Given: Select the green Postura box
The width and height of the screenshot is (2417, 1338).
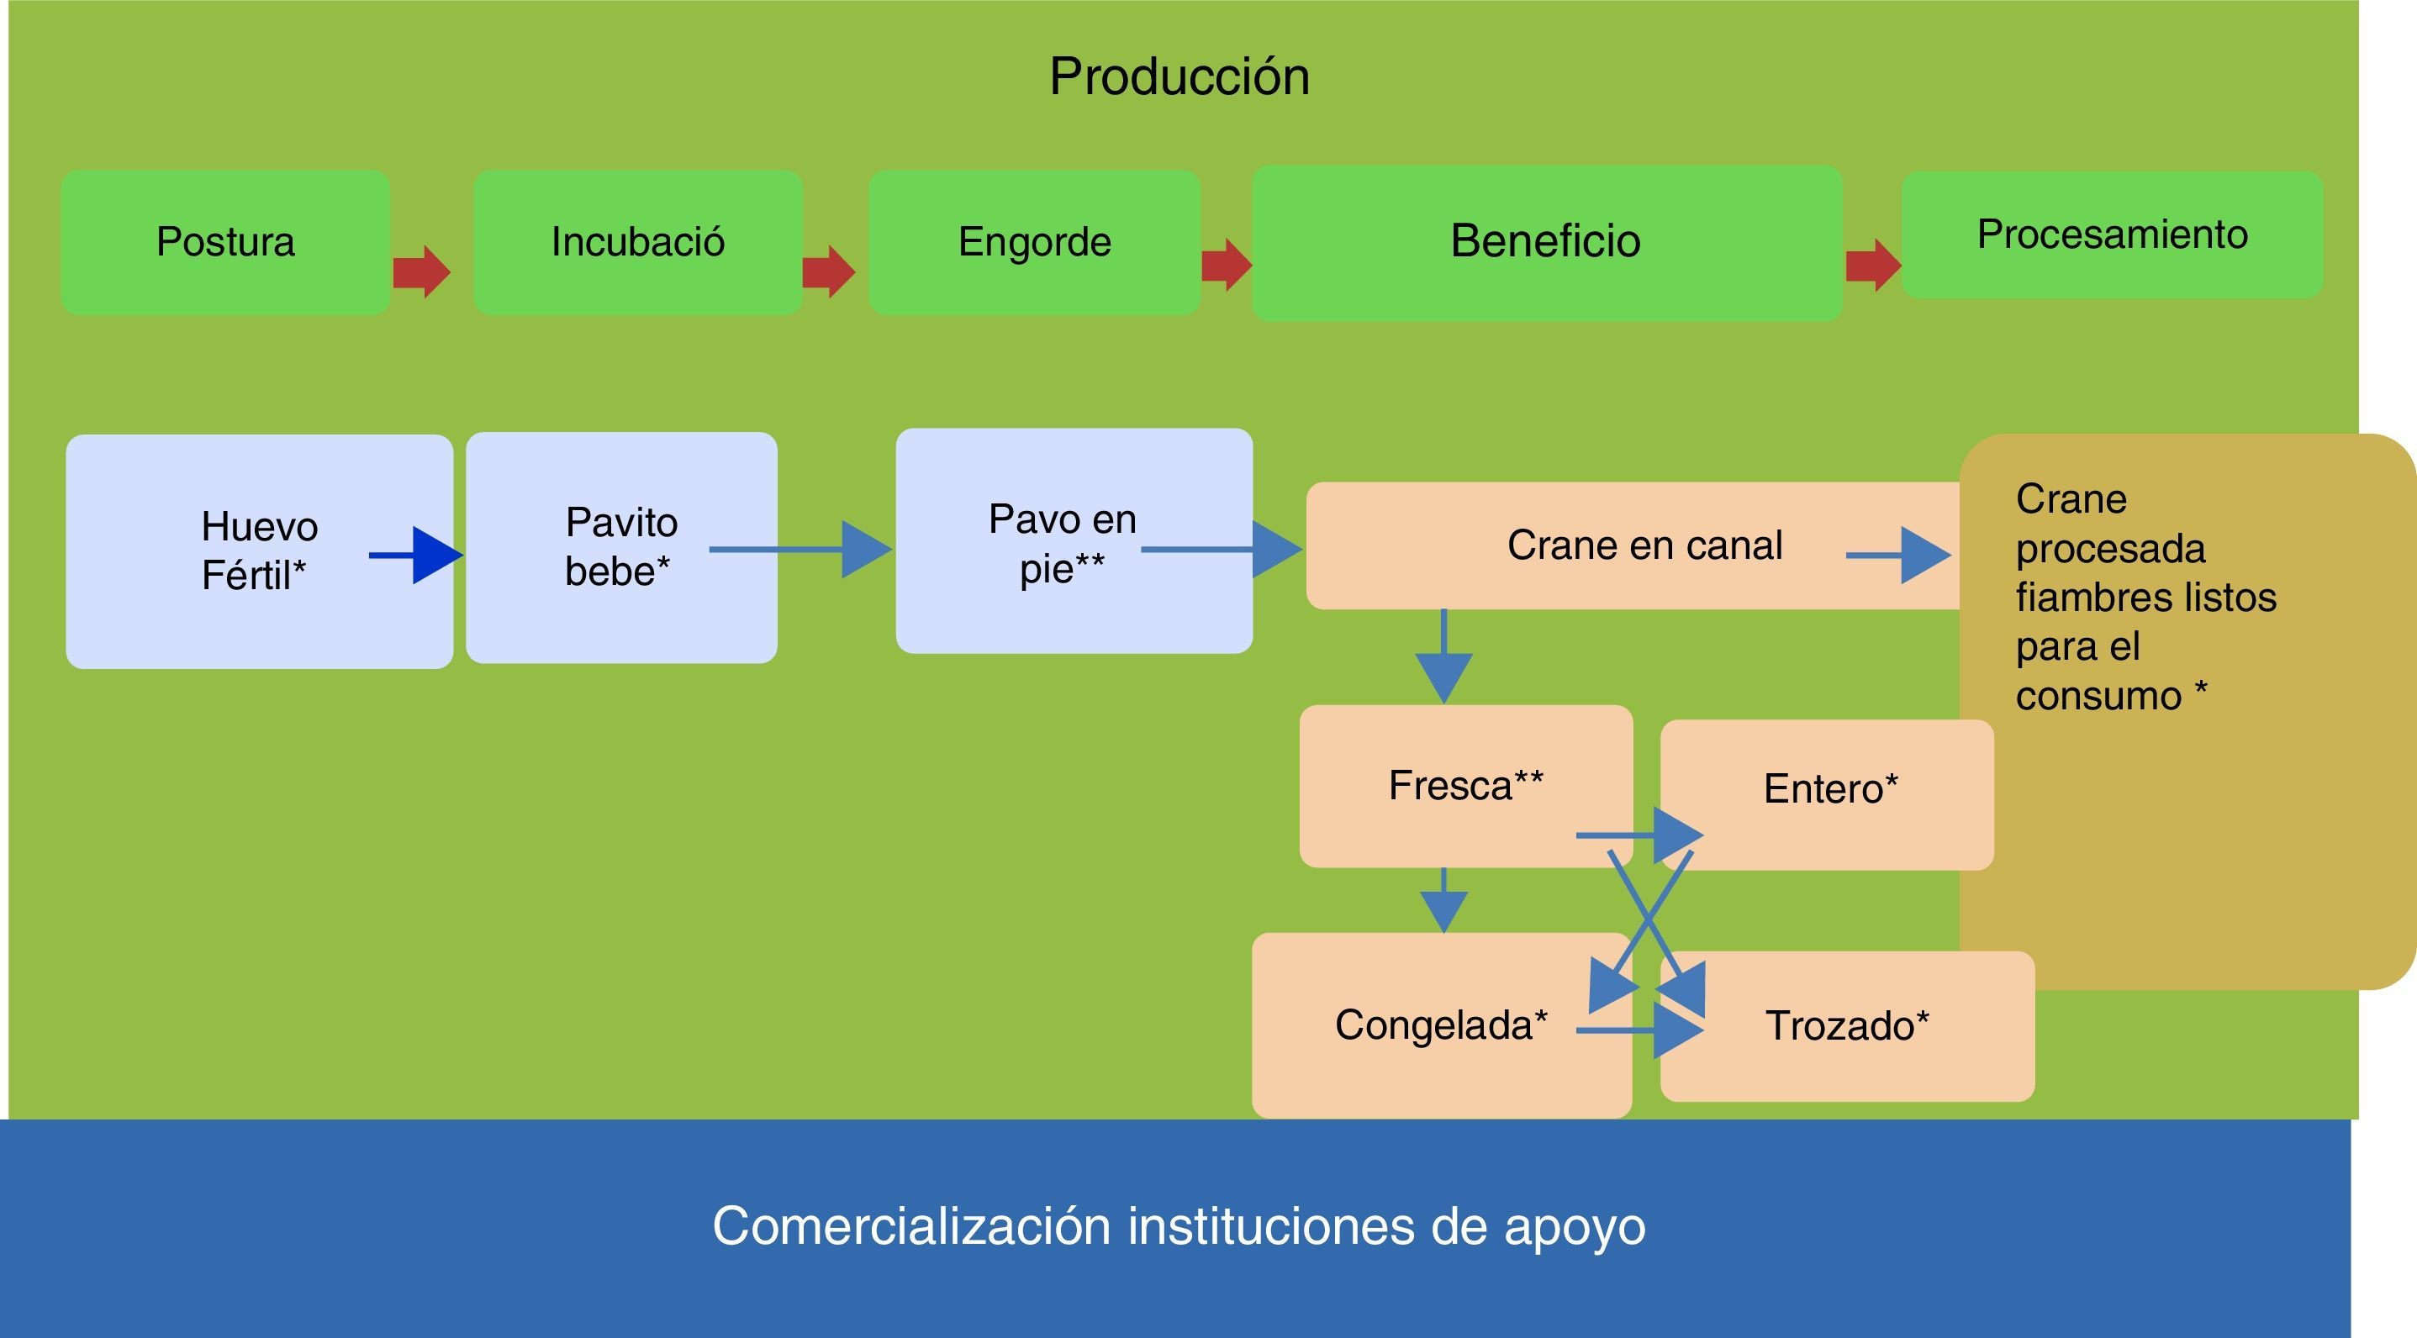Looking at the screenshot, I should [x=225, y=241].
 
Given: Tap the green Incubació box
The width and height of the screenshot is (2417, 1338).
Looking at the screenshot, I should [x=637, y=241].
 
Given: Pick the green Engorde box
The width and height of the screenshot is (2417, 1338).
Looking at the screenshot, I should [x=1034, y=241].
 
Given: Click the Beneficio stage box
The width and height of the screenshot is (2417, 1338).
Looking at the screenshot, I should [x=1545, y=241].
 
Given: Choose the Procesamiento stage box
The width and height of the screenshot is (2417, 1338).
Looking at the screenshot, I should [x=2111, y=234].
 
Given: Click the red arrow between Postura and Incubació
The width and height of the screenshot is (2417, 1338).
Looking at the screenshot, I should [x=421, y=272].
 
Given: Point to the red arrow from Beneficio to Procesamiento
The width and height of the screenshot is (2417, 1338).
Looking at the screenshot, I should [x=1873, y=266].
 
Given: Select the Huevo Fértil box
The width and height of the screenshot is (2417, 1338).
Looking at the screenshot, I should [x=259, y=550].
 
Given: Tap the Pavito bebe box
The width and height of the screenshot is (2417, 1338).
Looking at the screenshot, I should [x=620, y=547].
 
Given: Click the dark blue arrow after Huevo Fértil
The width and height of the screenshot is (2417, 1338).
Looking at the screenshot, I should [x=418, y=556].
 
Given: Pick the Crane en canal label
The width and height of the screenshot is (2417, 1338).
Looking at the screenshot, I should [x=1644, y=545].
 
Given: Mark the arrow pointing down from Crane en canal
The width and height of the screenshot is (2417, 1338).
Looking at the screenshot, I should [x=1443, y=656].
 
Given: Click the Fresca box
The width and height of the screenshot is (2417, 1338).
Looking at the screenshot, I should [x=1464, y=785].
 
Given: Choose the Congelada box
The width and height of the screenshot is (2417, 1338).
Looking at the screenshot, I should [x=1440, y=1025].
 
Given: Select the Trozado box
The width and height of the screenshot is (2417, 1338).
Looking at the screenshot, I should [x=1846, y=1025].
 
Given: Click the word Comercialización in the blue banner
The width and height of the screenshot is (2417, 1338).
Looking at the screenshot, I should [x=911, y=1225].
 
